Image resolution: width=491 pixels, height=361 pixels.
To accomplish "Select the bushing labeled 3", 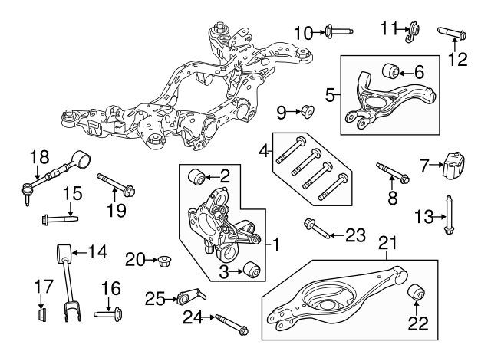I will click(249, 270).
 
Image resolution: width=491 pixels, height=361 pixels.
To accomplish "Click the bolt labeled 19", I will click(116, 186).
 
